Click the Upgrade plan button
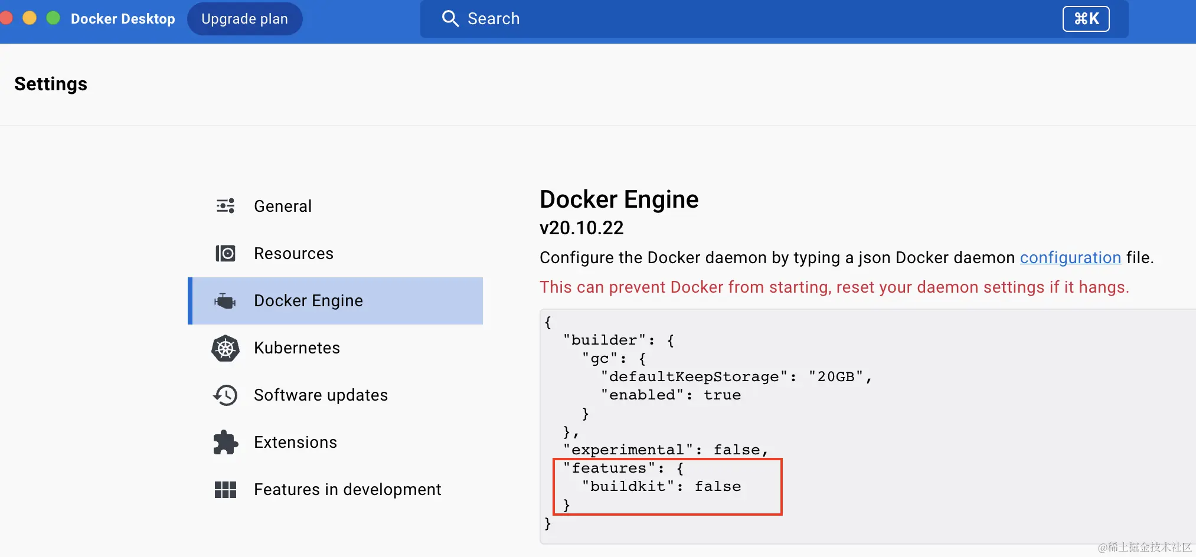click(x=244, y=19)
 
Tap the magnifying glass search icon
click(x=450, y=19)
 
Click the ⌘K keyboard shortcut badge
click(x=1086, y=19)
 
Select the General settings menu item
click(x=283, y=206)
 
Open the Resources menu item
click(x=293, y=253)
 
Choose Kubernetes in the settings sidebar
click(x=296, y=348)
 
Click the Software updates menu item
click(x=321, y=395)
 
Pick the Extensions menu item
click(x=295, y=442)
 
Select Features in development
click(x=347, y=489)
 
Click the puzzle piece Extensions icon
click(x=225, y=442)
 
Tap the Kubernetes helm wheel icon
click(x=225, y=348)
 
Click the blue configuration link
click(x=1070, y=258)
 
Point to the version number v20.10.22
click(x=581, y=228)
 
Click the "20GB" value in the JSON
click(x=836, y=377)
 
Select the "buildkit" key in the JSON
click(x=628, y=487)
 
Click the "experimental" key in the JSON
click(x=628, y=450)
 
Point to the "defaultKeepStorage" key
click(x=694, y=377)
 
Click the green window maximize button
click(x=53, y=18)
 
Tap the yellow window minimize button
click(x=30, y=18)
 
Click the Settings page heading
click(x=51, y=84)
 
